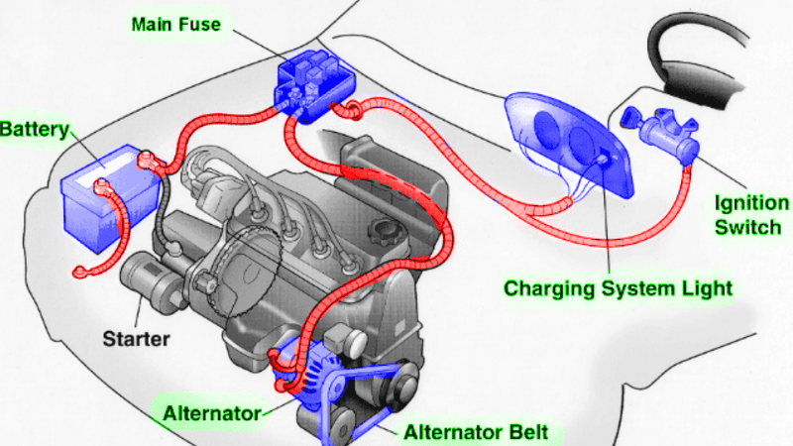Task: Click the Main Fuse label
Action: (176, 24)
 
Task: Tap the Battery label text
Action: (34, 130)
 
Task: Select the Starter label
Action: (136, 339)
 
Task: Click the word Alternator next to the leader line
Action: (212, 413)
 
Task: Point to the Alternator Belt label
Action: (476, 432)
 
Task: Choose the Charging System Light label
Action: (618, 288)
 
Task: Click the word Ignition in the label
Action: (751, 203)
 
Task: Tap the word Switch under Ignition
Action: (748, 228)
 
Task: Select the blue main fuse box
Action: (314, 86)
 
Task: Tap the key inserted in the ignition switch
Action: (631, 118)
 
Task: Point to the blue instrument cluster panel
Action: (570, 143)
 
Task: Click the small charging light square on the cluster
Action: (603, 160)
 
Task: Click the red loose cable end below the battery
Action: (79, 273)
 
